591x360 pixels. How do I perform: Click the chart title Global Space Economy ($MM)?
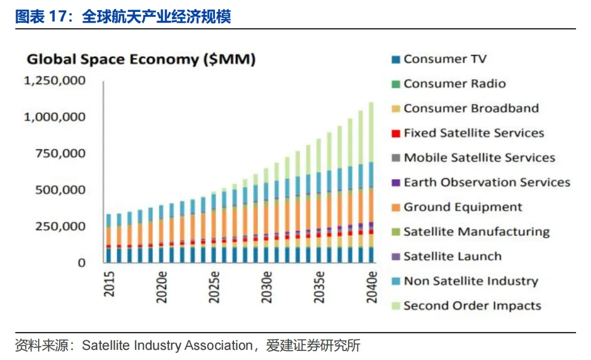[141, 59]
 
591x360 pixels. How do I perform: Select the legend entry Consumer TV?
[445, 59]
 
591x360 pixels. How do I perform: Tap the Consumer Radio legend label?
[454, 84]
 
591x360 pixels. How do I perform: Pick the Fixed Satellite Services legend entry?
[473, 133]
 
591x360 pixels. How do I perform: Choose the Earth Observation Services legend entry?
[487, 183]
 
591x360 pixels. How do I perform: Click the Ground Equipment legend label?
[463, 207]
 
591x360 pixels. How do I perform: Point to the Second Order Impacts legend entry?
[472, 306]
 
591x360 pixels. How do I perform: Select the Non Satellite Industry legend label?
[470, 281]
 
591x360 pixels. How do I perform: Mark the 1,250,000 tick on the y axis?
[54, 80]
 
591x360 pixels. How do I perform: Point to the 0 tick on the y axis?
[82, 263]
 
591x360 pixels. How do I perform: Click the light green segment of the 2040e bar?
[371, 131]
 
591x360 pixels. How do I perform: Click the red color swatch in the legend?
[395, 134]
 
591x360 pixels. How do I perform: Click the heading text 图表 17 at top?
[39, 16]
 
